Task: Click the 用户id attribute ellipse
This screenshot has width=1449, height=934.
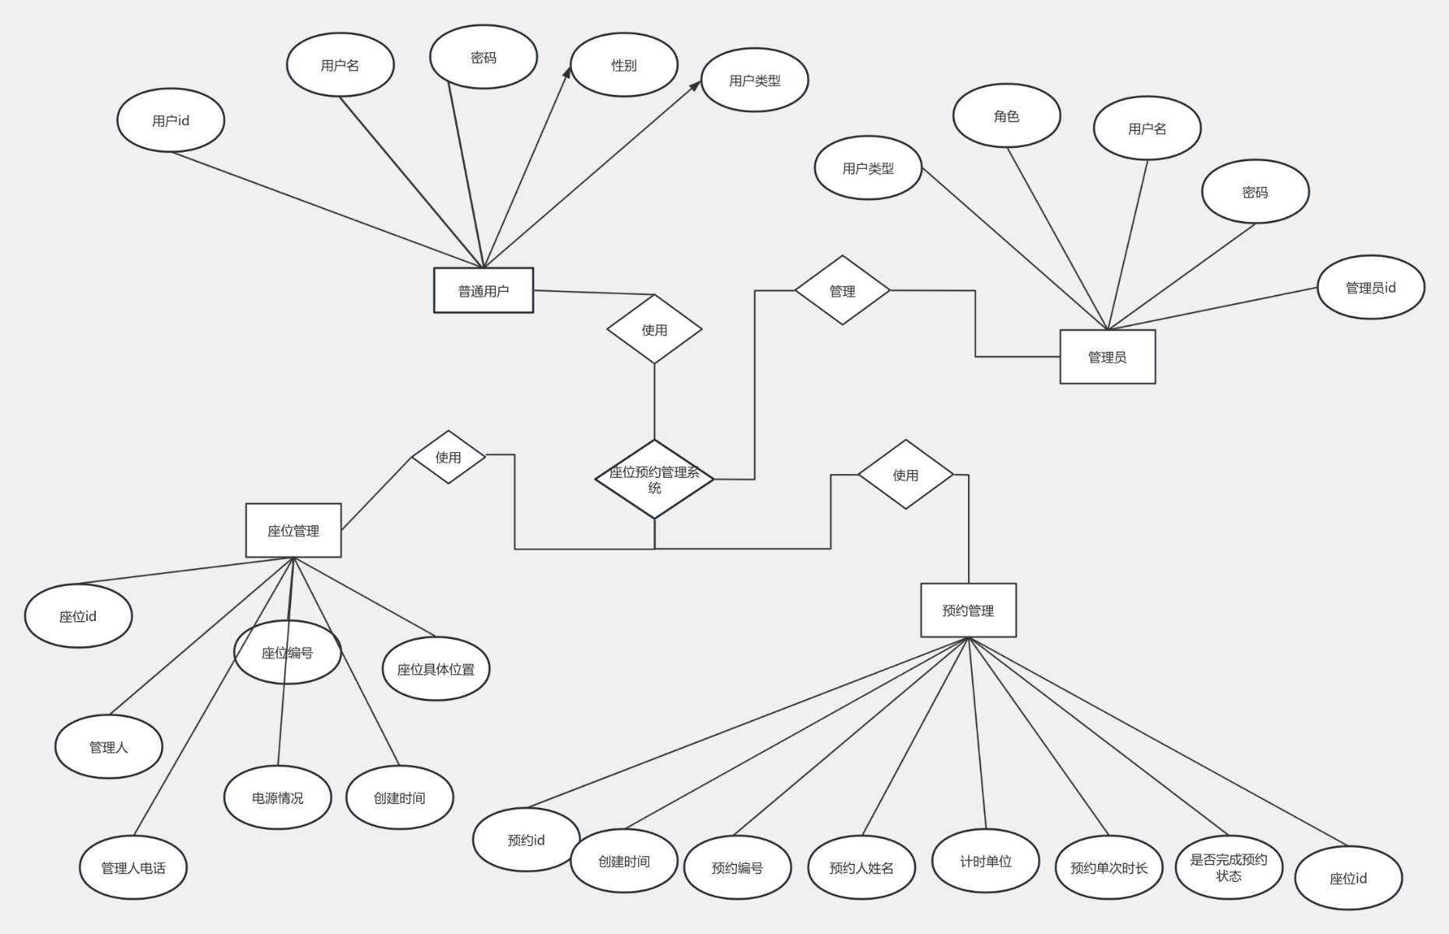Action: [x=170, y=121]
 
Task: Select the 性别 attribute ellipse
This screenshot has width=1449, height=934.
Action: [x=624, y=65]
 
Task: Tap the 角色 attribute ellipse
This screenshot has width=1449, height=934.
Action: [x=1006, y=116]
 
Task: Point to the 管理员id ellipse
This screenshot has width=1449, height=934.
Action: [x=1370, y=287]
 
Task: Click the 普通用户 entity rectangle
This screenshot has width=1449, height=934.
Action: [x=483, y=290]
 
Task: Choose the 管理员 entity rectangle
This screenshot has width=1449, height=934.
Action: [x=1107, y=356]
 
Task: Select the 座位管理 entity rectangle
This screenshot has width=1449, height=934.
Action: [x=293, y=530]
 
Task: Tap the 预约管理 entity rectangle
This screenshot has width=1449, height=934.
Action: [x=968, y=610]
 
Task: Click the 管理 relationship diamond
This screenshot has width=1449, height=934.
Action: [x=842, y=290]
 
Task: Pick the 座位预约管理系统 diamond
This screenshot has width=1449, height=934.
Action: [x=654, y=479]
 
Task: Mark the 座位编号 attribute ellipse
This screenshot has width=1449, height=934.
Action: [x=287, y=652]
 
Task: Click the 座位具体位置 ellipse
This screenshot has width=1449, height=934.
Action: [x=436, y=669]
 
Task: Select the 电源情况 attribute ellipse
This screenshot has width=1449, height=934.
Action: [x=278, y=798]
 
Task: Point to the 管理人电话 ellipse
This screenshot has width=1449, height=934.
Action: [x=133, y=867]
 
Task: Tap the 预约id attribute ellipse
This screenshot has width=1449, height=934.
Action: [x=526, y=840]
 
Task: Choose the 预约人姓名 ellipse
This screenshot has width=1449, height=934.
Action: [x=861, y=867]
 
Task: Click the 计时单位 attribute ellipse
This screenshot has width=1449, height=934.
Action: [x=985, y=861]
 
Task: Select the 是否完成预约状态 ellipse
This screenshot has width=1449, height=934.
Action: [x=1229, y=867]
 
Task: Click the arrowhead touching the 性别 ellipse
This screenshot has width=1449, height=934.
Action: [x=568, y=72]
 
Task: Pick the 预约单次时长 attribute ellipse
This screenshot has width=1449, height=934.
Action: [x=1109, y=867]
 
